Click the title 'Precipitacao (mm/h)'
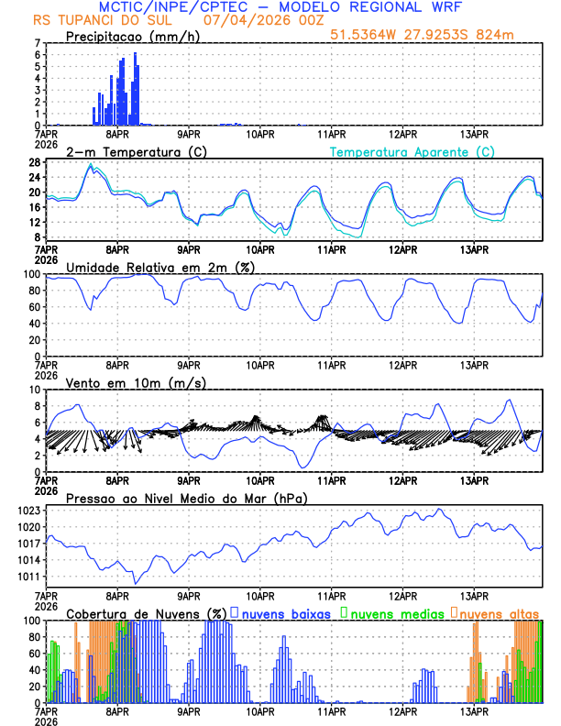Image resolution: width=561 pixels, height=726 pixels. click(132, 36)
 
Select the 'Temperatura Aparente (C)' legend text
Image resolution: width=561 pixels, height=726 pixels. click(412, 151)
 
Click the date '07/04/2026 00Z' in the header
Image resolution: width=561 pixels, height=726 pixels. click(256, 19)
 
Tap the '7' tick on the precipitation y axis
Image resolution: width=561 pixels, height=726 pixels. click(38, 43)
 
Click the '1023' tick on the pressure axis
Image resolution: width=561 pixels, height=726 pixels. click(29, 510)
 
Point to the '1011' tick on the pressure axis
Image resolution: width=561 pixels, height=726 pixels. click(29, 577)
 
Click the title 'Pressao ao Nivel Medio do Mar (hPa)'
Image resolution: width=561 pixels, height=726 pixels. click(186, 498)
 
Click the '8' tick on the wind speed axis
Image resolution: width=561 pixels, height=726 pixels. click(38, 406)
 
